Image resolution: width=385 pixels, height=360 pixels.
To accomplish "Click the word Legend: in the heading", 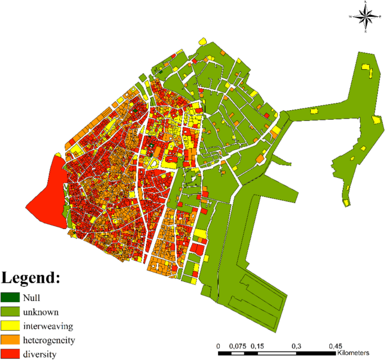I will tap(30, 278).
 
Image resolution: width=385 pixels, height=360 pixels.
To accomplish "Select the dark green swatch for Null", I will tap(10, 298).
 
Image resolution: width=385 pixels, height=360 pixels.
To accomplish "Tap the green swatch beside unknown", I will tap(10, 312).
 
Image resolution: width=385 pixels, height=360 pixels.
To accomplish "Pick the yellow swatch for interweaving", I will tap(10, 326).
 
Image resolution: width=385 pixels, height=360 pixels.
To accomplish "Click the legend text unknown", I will tap(41, 312).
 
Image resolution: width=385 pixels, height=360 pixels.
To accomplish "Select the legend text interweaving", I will tap(49, 326).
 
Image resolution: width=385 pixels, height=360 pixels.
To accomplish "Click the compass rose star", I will tap(366, 18).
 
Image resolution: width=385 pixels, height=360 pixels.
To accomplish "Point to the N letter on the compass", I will tap(366, 3).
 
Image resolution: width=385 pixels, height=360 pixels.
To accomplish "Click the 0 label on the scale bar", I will tap(218, 345).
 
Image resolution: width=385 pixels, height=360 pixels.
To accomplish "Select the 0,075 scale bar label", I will tap(238, 345).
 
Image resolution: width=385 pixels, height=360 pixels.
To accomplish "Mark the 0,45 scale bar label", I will tap(336, 345).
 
